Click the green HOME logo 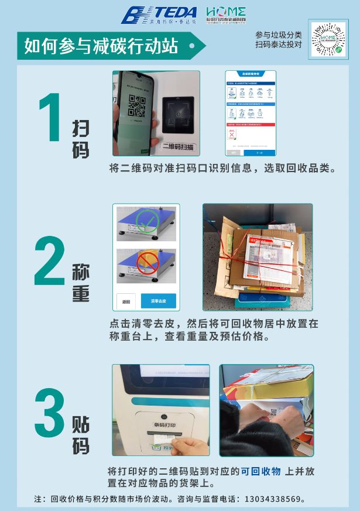(x=226, y=15)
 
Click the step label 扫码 (x=81, y=139)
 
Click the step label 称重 (x=81, y=283)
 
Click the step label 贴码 (x=81, y=435)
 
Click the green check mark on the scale (x=146, y=221)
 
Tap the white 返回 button (x=126, y=301)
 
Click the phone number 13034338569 (x=274, y=499)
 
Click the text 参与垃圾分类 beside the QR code (x=279, y=35)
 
